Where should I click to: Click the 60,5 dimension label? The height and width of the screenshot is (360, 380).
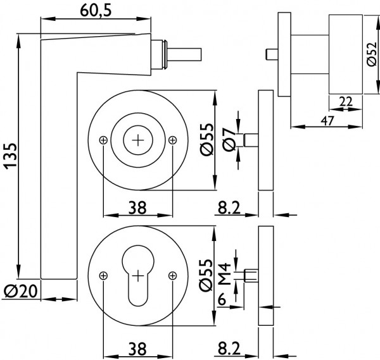pos(96,11)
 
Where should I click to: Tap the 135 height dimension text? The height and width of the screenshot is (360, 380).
pos(10,156)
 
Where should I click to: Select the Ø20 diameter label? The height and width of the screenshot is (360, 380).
pos(21,291)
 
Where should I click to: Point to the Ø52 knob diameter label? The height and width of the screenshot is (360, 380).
pos(372,54)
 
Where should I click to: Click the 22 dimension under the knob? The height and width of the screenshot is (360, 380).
pos(346,101)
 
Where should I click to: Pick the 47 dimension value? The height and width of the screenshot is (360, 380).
pos(327,120)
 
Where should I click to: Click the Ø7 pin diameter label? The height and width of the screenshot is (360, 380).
pos(229,139)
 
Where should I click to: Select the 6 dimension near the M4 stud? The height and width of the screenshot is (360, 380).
pos(222,300)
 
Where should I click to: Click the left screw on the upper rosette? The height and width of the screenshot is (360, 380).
pos(103,140)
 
